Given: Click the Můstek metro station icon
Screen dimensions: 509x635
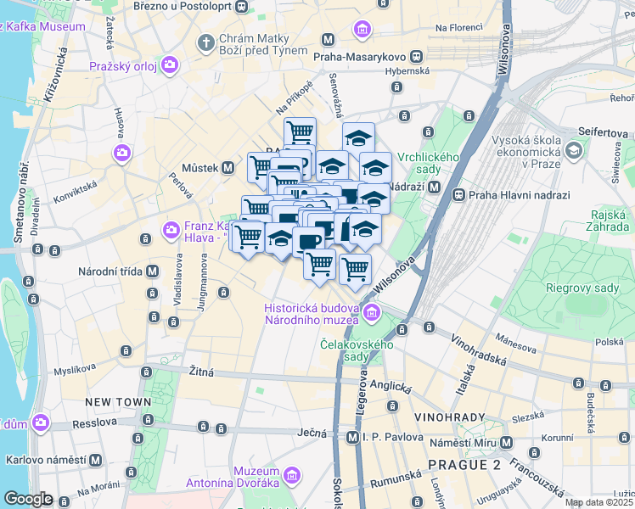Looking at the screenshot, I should click(228, 168).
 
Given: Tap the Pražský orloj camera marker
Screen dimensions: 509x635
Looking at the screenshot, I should click(171, 64).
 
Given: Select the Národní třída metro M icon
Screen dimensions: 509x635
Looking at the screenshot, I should click(152, 271).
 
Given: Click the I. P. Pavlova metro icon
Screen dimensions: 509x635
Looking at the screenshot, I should click(353, 437).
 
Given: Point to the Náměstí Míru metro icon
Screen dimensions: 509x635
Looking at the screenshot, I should click(506, 443).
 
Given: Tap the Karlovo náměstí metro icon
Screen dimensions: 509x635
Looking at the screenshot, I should click(96, 460).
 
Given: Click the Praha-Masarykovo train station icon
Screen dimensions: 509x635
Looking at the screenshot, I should click(416, 56).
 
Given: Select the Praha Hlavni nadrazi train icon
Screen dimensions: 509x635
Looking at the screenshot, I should click(459, 194).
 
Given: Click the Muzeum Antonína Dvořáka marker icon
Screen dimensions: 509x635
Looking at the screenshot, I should click(293, 475).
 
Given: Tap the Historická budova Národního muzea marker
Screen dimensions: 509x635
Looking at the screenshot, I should click(371, 316).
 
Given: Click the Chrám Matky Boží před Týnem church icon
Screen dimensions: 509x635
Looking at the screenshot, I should click(205, 42).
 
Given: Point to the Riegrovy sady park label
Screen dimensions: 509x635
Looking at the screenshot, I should click(582, 288).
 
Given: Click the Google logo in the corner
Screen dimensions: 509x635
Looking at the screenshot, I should click(28, 498).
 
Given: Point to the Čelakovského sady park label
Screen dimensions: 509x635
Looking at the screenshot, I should click(357, 350).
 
